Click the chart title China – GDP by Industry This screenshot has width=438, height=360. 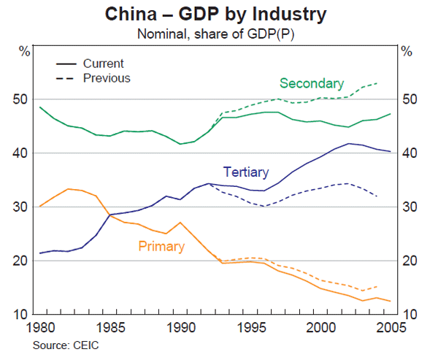[x=216, y=14]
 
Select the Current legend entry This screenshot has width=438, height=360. [x=103, y=64]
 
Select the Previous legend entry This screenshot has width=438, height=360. [x=107, y=77]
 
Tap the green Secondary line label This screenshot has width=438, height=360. [x=312, y=83]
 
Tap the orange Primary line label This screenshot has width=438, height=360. [x=161, y=246]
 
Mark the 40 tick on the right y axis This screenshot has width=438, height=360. [x=410, y=154]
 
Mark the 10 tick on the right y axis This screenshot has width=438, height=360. [x=410, y=315]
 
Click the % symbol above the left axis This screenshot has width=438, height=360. [x=25, y=51]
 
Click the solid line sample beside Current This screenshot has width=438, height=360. [x=67, y=64]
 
